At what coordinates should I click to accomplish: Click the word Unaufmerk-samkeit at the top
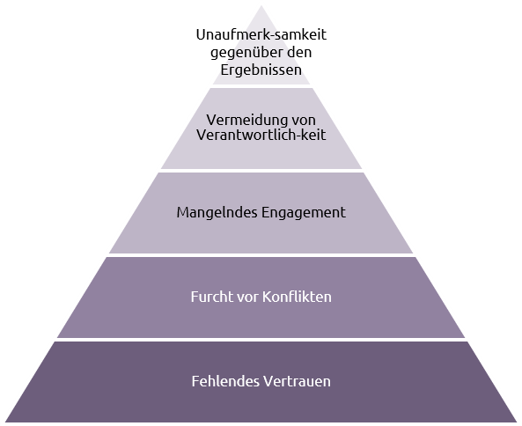click(261, 34)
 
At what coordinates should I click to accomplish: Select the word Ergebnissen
click(261, 70)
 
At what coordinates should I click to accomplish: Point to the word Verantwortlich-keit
click(261, 135)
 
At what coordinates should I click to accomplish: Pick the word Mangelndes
click(217, 213)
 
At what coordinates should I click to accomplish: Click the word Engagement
click(304, 213)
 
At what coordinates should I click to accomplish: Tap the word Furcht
click(212, 297)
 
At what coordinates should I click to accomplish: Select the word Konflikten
click(297, 297)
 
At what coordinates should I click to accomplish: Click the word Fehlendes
click(225, 381)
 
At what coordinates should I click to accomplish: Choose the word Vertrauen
click(297, 381)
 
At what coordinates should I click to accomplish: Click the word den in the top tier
click(299, 52)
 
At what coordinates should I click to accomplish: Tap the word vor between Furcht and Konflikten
click(247, 297)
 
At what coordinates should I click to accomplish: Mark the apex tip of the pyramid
click(261, 5)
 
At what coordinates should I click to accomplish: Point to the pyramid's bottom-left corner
click(5, 422)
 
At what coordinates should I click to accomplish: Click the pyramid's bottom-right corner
click(517, 422)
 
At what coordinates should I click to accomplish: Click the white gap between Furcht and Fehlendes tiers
click(261, 340)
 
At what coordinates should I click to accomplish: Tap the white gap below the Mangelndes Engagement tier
click(261, 255)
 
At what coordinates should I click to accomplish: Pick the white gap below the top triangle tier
click(261, 86)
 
